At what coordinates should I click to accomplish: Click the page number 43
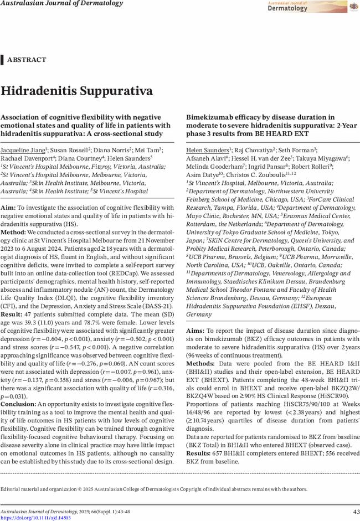tap(356, 510)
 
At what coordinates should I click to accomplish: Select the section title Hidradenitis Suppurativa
tap(76, 91)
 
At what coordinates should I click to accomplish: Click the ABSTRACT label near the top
tap(26, 60)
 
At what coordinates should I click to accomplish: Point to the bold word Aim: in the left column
tap(8, 207)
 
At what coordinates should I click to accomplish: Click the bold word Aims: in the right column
tap(196, 330)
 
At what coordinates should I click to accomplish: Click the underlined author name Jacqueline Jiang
tap(23, 151)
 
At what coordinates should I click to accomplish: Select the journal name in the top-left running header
tap(61, 3)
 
